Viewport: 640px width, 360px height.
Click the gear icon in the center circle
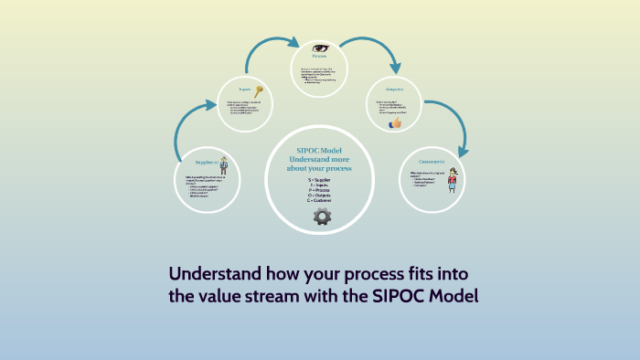tap(322, 217)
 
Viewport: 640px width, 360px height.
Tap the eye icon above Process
tap(320, 48)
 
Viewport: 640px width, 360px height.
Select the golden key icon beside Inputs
tap(259, 90)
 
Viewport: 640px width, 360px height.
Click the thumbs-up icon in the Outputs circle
tap(395, 122)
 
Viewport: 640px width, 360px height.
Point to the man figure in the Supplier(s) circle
tap(222, 165)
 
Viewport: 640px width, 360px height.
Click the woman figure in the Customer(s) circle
tap(452, 179)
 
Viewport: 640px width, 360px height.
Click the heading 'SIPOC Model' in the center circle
tap(320, 150)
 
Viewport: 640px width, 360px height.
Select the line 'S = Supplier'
tap(320, 180)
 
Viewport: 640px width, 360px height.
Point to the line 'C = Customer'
tap(320, 200)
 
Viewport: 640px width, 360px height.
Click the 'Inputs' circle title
tap(244, 90)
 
